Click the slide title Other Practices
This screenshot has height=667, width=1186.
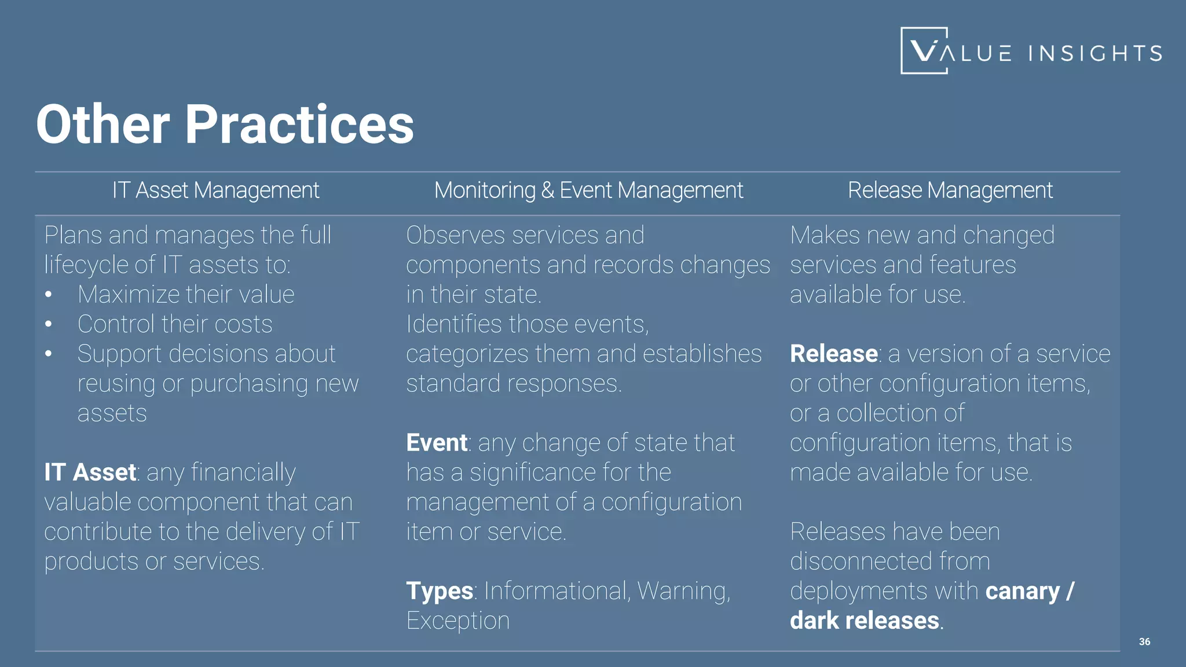click(225, 124)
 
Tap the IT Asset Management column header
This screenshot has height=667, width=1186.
click(215, 190)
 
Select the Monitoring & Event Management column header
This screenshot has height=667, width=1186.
click(588, 190)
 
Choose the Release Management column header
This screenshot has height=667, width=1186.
click(950, 190)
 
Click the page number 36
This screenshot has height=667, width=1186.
click(1144, 642)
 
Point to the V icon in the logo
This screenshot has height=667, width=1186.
click(924, 51)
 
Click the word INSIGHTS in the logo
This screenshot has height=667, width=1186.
click(1095, 54)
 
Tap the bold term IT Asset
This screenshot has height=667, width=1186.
click(90, 472)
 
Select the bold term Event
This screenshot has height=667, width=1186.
click(437, 443)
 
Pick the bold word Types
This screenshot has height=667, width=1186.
click(440, 591)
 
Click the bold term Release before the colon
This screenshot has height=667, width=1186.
click(833, 354)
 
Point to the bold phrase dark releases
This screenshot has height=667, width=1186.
click(865, 621)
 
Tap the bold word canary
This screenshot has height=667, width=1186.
click(1022, 591)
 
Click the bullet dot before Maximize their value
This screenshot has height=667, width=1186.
click(49, 295)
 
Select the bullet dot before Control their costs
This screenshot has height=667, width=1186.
click(49, 324)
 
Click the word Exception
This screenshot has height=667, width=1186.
click(457, 621)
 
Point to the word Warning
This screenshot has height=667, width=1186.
click(683, 591)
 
